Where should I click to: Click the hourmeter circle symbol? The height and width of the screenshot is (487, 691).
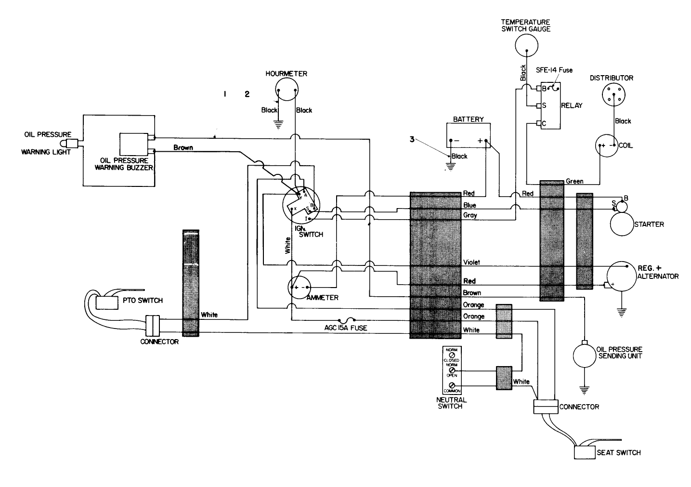287,90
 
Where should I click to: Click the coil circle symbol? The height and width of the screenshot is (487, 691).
607,145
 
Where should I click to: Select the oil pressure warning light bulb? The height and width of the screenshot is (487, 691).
69,144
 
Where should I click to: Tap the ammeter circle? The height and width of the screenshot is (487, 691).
300,288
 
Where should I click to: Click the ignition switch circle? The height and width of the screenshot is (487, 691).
301,206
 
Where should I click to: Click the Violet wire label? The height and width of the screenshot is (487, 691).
471,263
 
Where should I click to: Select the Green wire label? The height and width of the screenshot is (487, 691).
574,181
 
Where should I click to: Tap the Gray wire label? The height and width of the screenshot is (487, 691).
470,215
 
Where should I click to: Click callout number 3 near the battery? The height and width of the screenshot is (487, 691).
412,139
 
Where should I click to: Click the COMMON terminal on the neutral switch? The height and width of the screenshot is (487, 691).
452,385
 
